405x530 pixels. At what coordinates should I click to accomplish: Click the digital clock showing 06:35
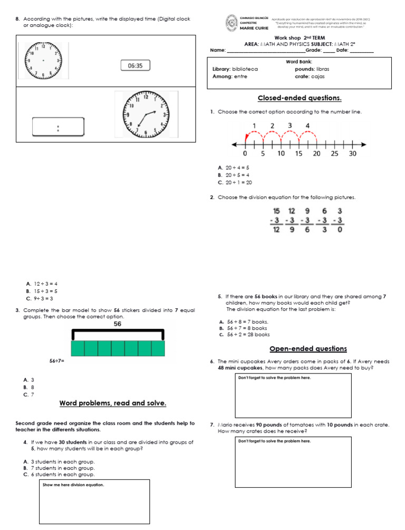coord(135,66)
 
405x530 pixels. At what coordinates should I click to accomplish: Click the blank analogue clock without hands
coord(43,61)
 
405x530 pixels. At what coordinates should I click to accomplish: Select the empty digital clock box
coord(58,127)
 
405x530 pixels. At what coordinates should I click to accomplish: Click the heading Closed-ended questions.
coord(299,98)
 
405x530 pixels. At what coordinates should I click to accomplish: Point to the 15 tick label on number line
coord(298,154)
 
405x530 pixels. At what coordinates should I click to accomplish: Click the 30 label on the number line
coord(352,154)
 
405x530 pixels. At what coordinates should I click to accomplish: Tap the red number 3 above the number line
coord(290,125)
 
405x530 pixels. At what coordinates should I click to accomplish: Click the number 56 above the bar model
coord(118,324)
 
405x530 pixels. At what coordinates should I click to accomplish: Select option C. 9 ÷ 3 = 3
coord(40,298)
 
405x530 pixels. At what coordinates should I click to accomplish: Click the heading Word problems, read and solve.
coord(113,404)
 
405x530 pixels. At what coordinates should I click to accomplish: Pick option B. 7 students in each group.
coord(59,468)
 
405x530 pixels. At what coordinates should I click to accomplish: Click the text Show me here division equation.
coord(73,485)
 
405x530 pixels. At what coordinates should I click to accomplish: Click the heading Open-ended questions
coord(308,349)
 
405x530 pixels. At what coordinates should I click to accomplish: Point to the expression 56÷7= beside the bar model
coord(57,361)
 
